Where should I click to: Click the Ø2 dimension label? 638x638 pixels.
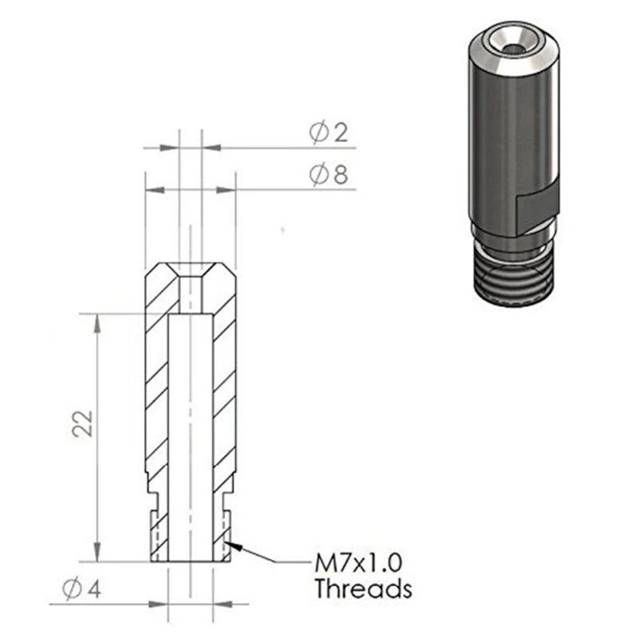pos(329,134)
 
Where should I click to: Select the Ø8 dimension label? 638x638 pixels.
pos(329,175)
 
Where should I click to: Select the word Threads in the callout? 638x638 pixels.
pos(363,590)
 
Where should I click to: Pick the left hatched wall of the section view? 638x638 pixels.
pos(156,383)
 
